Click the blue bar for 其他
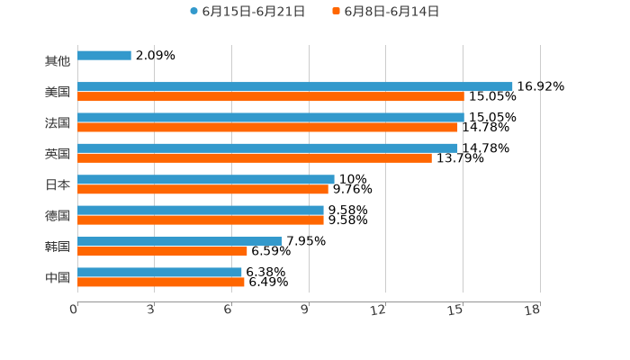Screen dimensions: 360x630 click(104, 56)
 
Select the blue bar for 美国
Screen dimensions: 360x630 click(294, 86)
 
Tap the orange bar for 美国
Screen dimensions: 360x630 click(270, 96)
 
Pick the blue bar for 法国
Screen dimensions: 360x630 click(270, 117)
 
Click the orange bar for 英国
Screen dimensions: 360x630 click(254, 158)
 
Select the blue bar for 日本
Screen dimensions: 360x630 click(205, 179)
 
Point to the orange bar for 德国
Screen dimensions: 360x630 click(200, 220)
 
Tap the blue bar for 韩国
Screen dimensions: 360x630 click(179, 241)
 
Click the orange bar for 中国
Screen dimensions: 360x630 click(160, 282)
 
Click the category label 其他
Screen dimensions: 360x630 click(58, 61)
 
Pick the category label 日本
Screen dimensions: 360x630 click(58, 184)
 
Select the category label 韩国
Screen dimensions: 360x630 click(58, 246)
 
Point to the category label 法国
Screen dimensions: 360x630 click(58, 122)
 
